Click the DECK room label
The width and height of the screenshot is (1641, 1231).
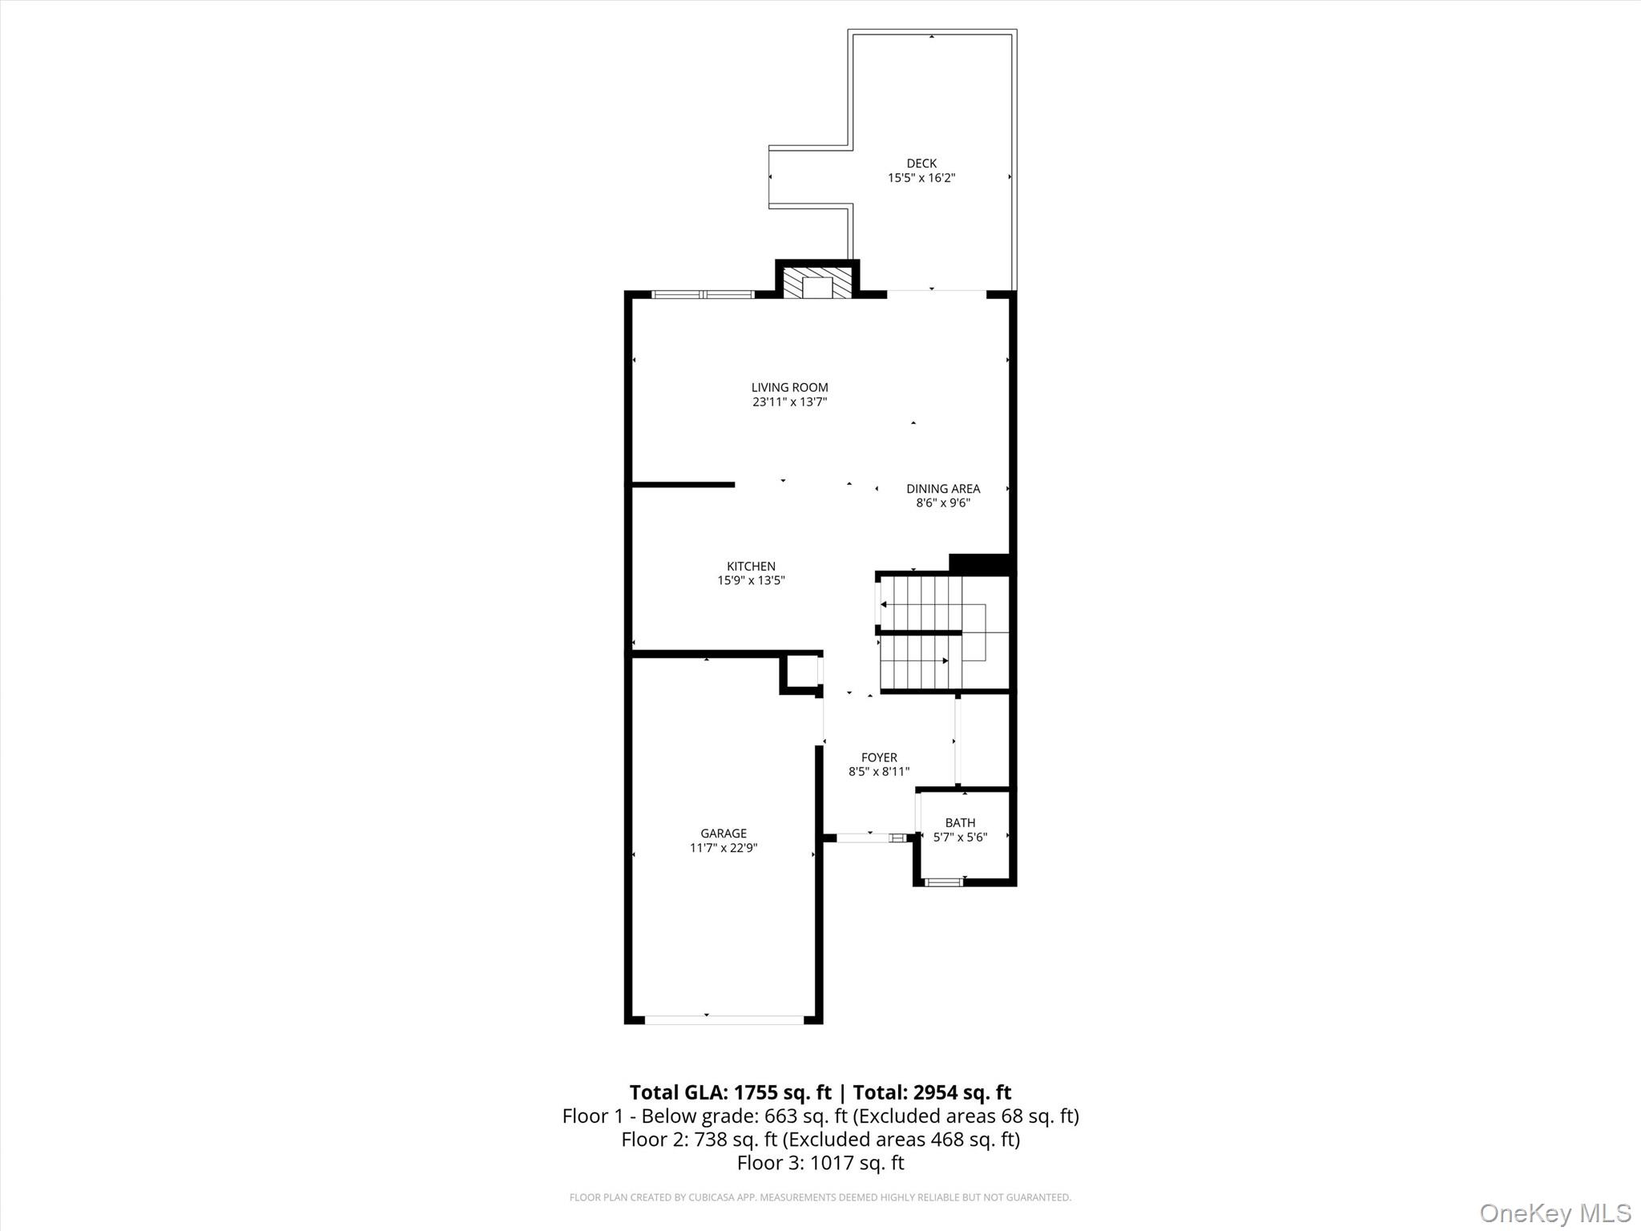click(921, 163)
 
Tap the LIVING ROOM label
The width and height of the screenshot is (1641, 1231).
click(789, 388)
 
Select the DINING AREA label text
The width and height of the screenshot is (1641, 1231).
click(943, 489)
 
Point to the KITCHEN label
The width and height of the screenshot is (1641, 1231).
click(751, 567)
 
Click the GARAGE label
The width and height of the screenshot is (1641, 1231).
click(724, 833)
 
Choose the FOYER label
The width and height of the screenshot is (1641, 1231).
click(879, 757)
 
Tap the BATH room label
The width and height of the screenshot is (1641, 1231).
click(960, 823)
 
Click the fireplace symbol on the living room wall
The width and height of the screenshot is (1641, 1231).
click(817, 284)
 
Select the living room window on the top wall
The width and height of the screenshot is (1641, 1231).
click(703, 295)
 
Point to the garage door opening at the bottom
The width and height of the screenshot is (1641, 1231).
click(724, 1019)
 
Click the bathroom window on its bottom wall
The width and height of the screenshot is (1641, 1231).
click(943, 882)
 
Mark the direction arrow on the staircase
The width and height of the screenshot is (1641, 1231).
click(945, 661)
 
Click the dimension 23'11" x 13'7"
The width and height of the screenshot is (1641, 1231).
click(789, 402)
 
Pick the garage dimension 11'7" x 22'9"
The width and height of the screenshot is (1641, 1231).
click(724, 848)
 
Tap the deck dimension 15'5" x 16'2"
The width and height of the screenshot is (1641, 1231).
click(921, 178)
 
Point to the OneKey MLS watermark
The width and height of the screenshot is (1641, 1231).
click(1554, 1213)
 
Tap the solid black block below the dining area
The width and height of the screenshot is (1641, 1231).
click(978, 563)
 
